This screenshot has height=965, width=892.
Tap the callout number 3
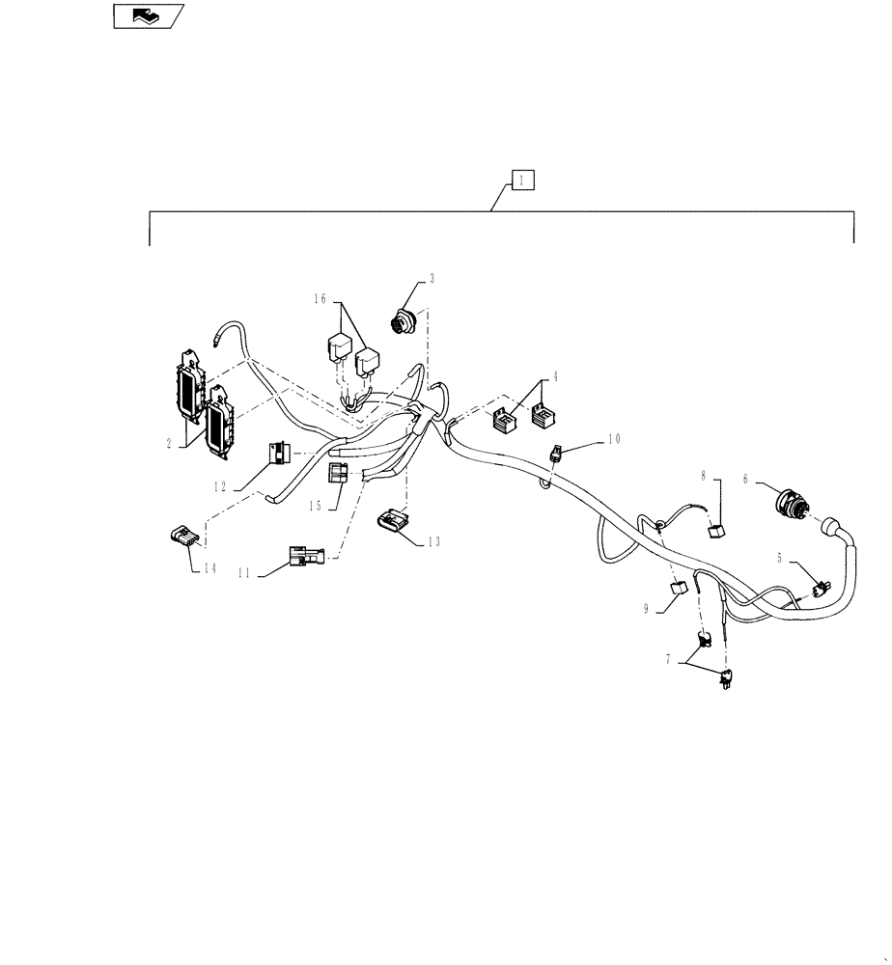pyautogui.click(x=432, y=278)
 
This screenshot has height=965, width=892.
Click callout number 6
pyautogui.click(x=745, y=477)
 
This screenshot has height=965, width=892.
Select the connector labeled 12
pyautogui.click(x=278, y=453)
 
